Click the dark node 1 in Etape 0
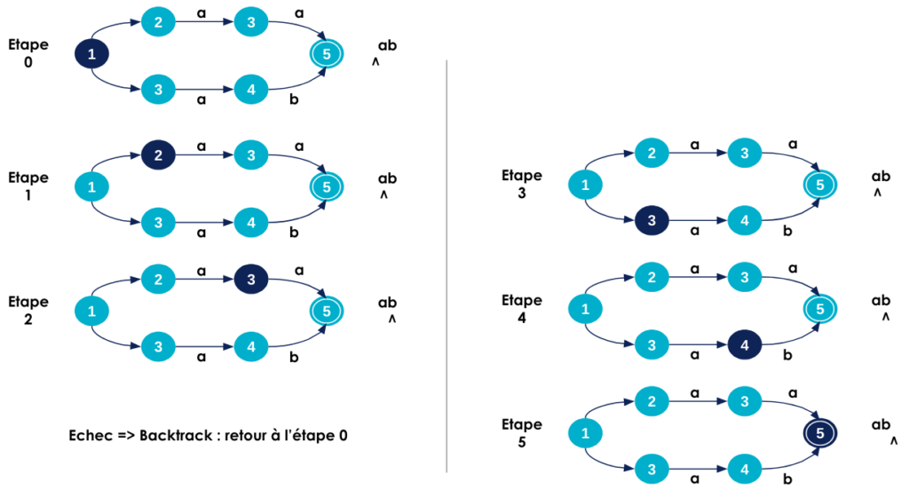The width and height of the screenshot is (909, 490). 91,54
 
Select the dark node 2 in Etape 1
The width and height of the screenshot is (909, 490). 158,155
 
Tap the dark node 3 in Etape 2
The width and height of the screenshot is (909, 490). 251,280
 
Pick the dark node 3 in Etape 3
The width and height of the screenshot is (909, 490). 652,221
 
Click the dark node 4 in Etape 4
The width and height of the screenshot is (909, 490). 745,344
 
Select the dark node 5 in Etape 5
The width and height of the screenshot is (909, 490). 820,433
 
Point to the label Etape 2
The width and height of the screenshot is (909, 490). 28,310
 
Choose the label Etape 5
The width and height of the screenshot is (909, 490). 522,432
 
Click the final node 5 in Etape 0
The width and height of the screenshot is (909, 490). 327,54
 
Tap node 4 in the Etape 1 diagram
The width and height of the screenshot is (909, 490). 251,221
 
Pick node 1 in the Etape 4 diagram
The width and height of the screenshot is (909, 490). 584,309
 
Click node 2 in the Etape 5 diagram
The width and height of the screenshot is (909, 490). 652,402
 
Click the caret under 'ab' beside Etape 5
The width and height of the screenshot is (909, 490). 892,440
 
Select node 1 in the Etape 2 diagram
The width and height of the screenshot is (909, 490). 91,311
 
